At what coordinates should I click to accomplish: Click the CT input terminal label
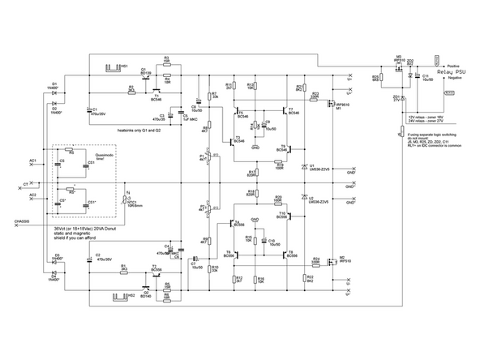click(x=26, y=185)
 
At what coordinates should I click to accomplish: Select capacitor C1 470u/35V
click(x=87, y=111)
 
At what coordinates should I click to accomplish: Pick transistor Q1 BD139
click(x=145, y=79)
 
